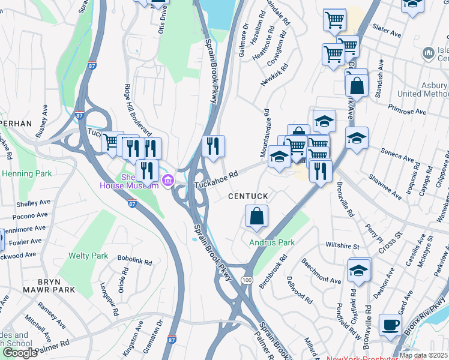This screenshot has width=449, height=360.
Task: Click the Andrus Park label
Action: (x=272, y=242)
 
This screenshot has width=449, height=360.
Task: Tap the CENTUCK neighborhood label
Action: (x=247, y=197)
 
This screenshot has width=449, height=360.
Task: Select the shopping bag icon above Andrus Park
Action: (x=256, y=217)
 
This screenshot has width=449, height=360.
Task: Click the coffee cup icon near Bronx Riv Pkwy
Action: (x=390, y=325)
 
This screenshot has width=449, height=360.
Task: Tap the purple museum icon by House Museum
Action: (x=167, y=179)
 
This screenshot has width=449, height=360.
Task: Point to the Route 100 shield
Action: (x=247, y=280)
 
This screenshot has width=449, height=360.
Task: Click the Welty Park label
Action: (x=88, y=256)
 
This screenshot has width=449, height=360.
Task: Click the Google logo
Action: (x=20, y=352)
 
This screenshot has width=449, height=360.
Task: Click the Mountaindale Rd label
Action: (x=265, y=133)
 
